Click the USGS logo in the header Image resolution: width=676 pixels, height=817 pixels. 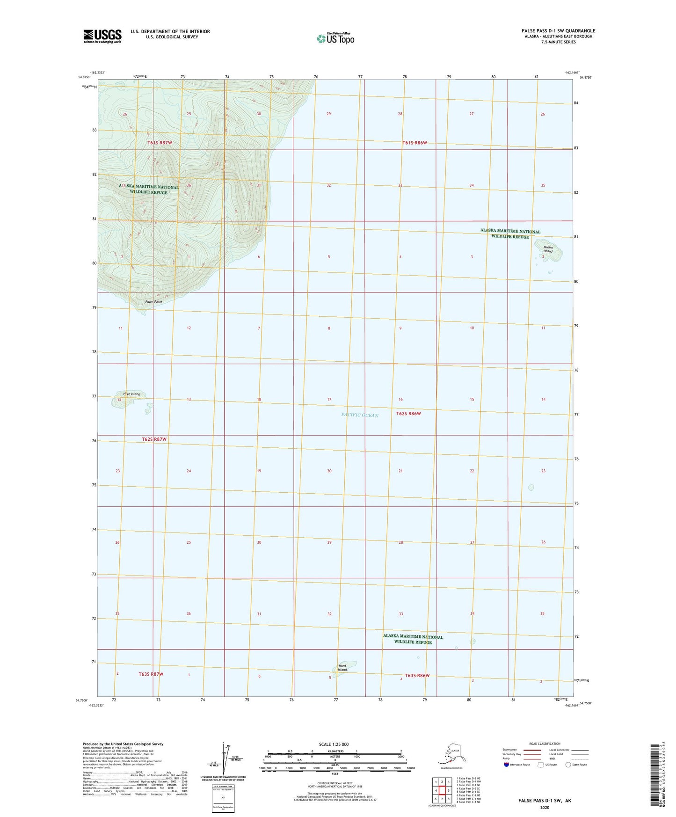point(102,36)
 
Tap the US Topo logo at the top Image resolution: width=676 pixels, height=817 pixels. point(335,38)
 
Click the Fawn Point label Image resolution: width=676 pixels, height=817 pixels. point(153,302)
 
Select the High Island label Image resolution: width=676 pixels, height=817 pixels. point(131,394)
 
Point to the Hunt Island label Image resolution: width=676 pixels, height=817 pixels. point(342,668)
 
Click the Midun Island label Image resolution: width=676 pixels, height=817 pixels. point(548,249)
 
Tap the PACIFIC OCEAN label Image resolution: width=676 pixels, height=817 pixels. point(360,415)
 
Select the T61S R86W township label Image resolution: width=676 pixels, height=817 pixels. point(415,143)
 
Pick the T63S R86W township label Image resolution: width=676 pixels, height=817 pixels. point(417,675)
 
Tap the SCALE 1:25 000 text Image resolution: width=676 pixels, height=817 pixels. point(334,744)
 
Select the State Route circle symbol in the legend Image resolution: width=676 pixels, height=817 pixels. point(568,765)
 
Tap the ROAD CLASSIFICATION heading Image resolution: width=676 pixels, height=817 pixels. point(544,744)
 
